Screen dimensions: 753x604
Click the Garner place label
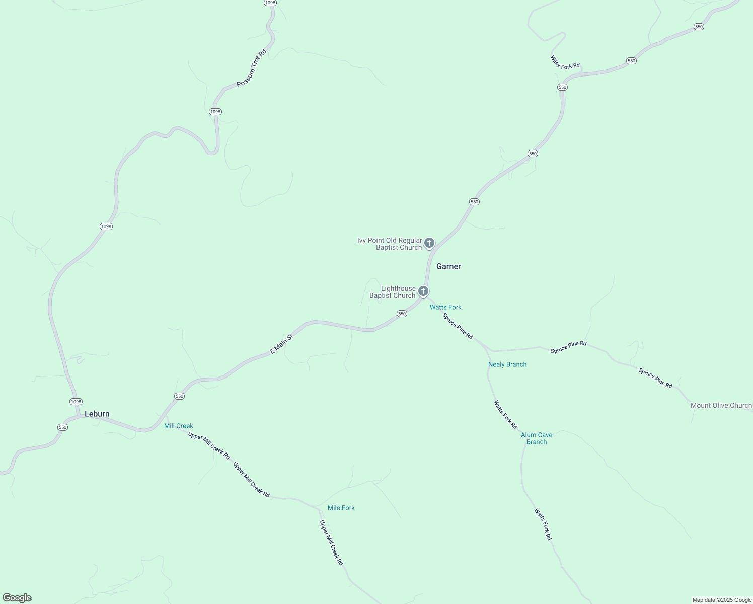tap(448, 266)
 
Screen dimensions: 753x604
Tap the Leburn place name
tap(97, 414)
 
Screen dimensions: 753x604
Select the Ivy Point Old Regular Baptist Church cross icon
tap(429, 243)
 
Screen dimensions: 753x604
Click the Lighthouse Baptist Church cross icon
tap(423, 291)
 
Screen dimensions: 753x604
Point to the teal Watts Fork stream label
tap(445, 307)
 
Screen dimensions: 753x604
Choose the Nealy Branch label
tap(507, 364)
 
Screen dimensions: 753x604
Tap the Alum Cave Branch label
tap(537, 438)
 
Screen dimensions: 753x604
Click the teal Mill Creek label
tap(179, 426)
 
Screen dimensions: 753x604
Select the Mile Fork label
tap(341, 508)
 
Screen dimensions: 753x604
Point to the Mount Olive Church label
tap(721, 405)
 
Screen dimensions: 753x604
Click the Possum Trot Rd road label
tap(251, 67)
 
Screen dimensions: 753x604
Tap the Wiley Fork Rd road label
tap(565, 63)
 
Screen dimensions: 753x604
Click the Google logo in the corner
tap(17, 598)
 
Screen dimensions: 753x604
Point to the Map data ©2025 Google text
tap(722, 600)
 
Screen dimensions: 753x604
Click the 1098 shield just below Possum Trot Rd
tap(215, 112)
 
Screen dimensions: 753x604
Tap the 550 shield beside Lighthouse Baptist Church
tap(402, 314)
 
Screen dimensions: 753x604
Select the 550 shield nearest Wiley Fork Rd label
tap(562, 87)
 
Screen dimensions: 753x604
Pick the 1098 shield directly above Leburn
tap(76, 401)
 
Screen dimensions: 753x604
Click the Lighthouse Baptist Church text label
tap(393, 292)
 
